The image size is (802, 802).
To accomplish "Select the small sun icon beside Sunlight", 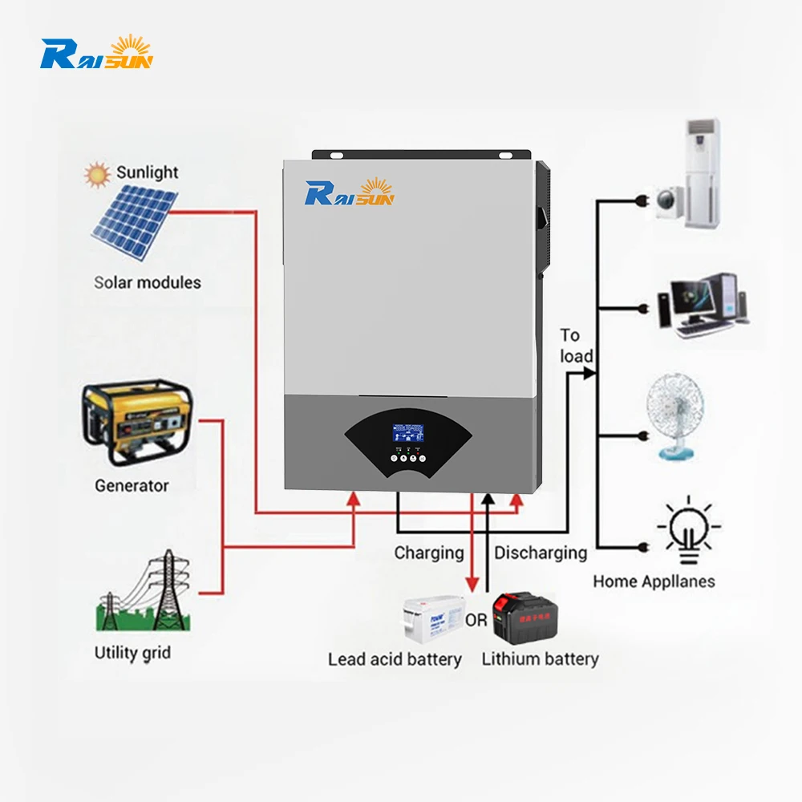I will (99, 173).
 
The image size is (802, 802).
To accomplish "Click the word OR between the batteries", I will (476, 620).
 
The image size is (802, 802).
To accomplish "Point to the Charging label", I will (428, 553).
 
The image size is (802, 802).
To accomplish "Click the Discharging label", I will (540, 553).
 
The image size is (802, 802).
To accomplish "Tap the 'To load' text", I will (576, 346).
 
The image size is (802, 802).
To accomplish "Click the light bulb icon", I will (688, 530).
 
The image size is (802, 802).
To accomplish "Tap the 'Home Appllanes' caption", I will (654, 581).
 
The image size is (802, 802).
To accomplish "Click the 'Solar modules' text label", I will (148, 282).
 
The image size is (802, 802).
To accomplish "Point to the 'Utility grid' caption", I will (132, 652).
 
